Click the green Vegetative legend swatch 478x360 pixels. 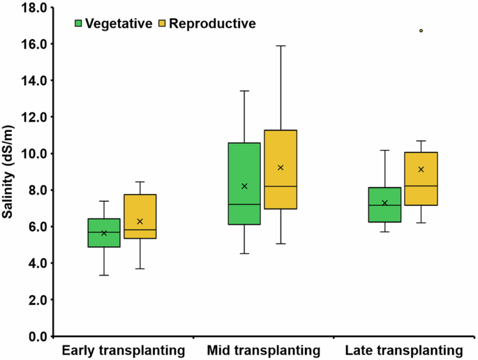click(x=79, y=24)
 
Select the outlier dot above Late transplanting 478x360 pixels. click(x=421, y=31)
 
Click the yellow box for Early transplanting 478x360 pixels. click(x=140, y=216)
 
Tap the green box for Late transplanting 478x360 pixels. click(x=384, y=204)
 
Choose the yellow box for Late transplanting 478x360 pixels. click(x=421, y=179)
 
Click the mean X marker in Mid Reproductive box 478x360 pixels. click(x=281, y=167)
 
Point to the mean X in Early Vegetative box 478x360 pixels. click(x=103, y=233)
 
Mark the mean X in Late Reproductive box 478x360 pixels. click(x=421, y=170)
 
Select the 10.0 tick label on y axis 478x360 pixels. click(x=32, y=154)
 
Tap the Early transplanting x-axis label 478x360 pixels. click(x=123, y=350)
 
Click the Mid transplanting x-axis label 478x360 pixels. click(x=263, y=350)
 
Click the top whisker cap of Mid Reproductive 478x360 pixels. click(x=281, y=46)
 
